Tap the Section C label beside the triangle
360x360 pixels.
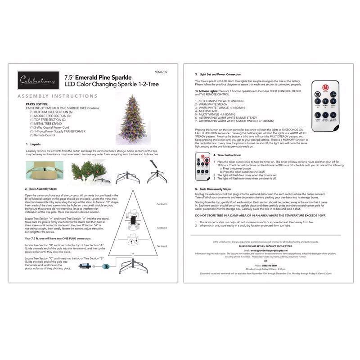[x=162, y=204]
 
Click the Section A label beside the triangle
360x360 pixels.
[x=162, y=246]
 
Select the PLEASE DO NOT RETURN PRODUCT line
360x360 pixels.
[x=265, y=247]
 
